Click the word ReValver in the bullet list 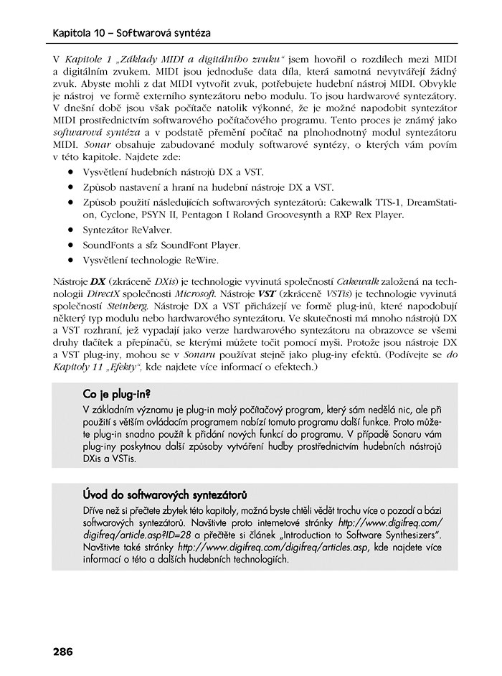[x=151, y=230]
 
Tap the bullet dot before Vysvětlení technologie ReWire [x=72, y=260]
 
